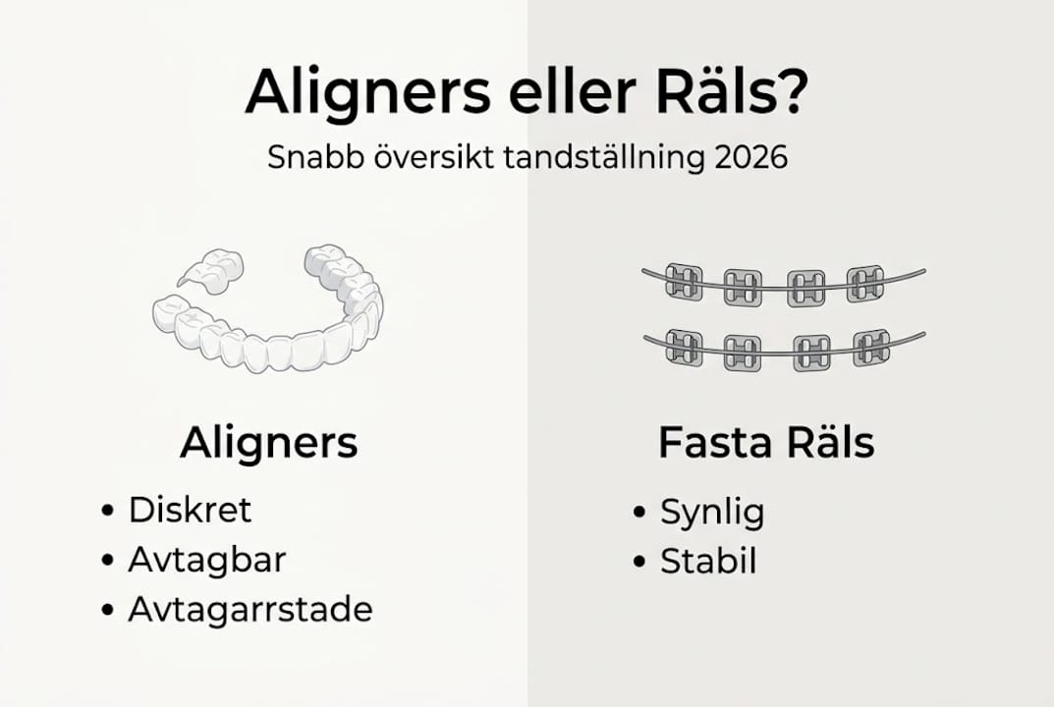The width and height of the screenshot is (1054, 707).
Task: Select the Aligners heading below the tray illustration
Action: pyautogui.click(x=268, y=444)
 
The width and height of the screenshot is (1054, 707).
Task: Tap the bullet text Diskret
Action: pyautogui.click(x=191, y=511)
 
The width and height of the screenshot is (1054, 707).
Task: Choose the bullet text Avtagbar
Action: pyautogui.click(x=207, y=560)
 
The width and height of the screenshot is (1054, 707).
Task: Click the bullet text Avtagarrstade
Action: pyautogui.click(x=250, y=610)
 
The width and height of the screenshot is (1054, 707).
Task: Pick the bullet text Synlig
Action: pyautogui.click(x=712, y=512)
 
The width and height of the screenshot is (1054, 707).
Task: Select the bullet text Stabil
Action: pyautogui.click(x=708, y=562)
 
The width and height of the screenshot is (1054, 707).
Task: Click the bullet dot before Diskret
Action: pyautogui.click(x=107, y=512)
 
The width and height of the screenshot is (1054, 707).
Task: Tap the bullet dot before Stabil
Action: pyautogui.click(x=639, y=563)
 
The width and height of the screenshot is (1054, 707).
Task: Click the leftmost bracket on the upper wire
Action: pyautogui.click(x=684, y=282)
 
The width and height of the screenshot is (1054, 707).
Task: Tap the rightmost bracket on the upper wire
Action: pyautogui.click(x=865, y=283)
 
